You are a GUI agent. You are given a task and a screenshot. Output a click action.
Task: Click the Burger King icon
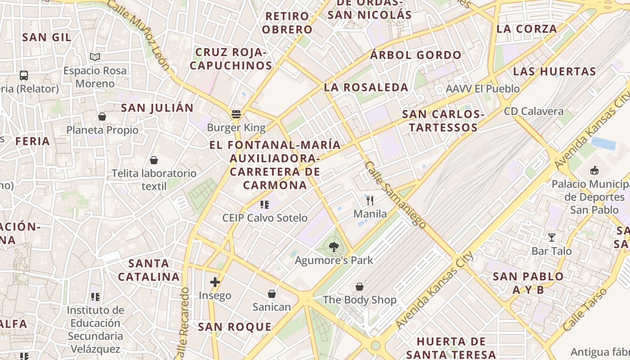pos(236,114)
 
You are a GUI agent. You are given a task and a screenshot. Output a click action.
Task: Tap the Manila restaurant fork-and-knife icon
pos(370,200)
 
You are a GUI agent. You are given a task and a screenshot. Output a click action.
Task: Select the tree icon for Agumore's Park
pos(333,247)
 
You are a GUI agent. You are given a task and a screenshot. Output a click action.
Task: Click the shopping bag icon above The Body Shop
pos(359,286)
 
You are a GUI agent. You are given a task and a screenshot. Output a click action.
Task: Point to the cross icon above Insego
pos(215,282)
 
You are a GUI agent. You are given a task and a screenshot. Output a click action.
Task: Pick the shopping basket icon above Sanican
pos(272,294)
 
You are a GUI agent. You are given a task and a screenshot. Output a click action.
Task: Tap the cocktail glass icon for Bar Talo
pos(551,237)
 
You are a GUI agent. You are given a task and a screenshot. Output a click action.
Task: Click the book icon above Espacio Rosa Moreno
pos(94,57)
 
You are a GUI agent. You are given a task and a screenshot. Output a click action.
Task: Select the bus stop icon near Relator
pos(24,76)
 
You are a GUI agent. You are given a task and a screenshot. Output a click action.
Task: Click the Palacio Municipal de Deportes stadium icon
pos(594,170)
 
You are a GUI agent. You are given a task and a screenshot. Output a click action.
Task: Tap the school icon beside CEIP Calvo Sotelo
pos(265,205)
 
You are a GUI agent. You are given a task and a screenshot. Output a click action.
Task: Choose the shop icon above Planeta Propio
pos(102,117)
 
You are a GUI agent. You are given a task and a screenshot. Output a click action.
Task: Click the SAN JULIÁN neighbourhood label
pos(157,108)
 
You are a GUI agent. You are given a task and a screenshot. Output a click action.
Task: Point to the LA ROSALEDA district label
pos(366,87)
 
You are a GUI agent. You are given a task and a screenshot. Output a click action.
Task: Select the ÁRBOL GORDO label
pos(416,55)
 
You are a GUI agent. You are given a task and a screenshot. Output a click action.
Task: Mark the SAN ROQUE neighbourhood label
pos(235,327)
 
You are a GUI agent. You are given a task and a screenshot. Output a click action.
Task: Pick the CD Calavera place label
pos(534,111)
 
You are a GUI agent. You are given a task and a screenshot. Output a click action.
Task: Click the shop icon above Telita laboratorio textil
pos(154,160)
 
